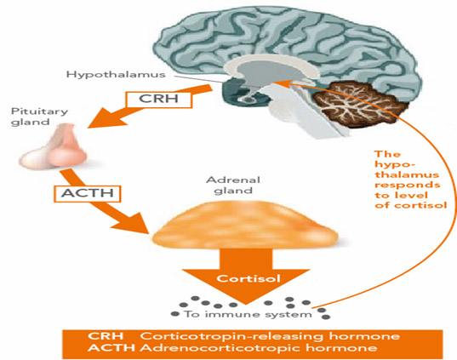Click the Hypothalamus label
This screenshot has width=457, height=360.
pyautogui.click(x=116, y=75)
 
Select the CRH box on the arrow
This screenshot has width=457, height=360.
pyautogui.click(x=159, y=99)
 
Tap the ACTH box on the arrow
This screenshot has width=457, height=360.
pyautogui.click(x=87, y=193)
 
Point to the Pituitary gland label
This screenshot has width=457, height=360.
pyautogui.click(x=39, y=117)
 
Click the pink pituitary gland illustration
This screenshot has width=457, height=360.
pyautogui.click(x=54, y=146)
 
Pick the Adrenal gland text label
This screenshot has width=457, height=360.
pyautogui.click(x=233, y=185)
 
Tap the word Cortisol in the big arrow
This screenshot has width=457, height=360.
pyautogui.click(x=248, y=278)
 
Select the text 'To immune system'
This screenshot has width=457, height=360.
pyautogui.click(x=248, y=314)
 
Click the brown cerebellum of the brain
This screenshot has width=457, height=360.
pyautogui.click(x=359, y=105)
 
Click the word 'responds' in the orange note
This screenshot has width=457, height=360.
pyautogui.click(x=407, y=185)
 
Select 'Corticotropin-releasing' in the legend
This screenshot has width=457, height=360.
pyautogui.click(x=231, y=336)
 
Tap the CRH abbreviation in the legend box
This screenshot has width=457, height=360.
pyautogui.click(x=106, y=336)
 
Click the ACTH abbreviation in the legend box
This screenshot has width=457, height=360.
pyautogui.click(x=111, y=348)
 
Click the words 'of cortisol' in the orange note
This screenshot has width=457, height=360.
pyautogui.click(x=411, y=205)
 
